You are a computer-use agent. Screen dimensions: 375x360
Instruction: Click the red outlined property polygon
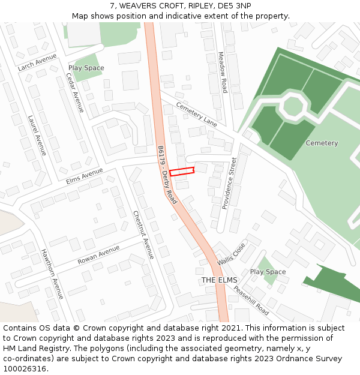(x=182, y=172)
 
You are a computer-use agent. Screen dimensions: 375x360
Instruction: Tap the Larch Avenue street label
(x=37, y=62)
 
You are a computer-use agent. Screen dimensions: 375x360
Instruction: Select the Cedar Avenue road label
(x=75, y=92)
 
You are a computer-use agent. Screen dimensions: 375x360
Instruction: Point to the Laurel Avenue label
(x=37, y=136)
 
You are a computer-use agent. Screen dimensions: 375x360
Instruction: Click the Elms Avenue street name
(x=85, y=175)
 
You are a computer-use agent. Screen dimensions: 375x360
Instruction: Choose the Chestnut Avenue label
(x=144, y=235)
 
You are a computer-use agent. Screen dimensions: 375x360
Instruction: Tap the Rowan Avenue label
(x=98, y=255)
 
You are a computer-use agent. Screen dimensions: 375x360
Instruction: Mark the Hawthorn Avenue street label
(x=52, y=274)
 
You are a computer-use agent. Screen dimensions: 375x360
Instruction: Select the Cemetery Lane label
(x=196, y=114)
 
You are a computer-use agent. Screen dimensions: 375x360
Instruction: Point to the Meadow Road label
(x=223, y=72)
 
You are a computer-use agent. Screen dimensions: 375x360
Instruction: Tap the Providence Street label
(x=230, y=183)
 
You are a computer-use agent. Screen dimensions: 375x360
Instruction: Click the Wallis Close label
(x=232, y=253)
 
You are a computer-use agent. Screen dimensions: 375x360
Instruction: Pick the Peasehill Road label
(x=251, y=300)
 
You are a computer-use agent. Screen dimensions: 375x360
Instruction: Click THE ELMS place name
(x=219, y=280)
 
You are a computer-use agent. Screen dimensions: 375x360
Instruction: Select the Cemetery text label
(x=322, y=143)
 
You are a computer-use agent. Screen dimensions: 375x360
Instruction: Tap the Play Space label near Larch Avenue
(x=86, y=68)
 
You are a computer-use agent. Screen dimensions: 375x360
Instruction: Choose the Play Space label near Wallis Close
(x=268, y=272)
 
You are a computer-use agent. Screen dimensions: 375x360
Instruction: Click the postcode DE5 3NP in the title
(x=235, y=5)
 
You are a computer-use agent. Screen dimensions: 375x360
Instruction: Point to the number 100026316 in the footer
(x=25, y=369)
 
